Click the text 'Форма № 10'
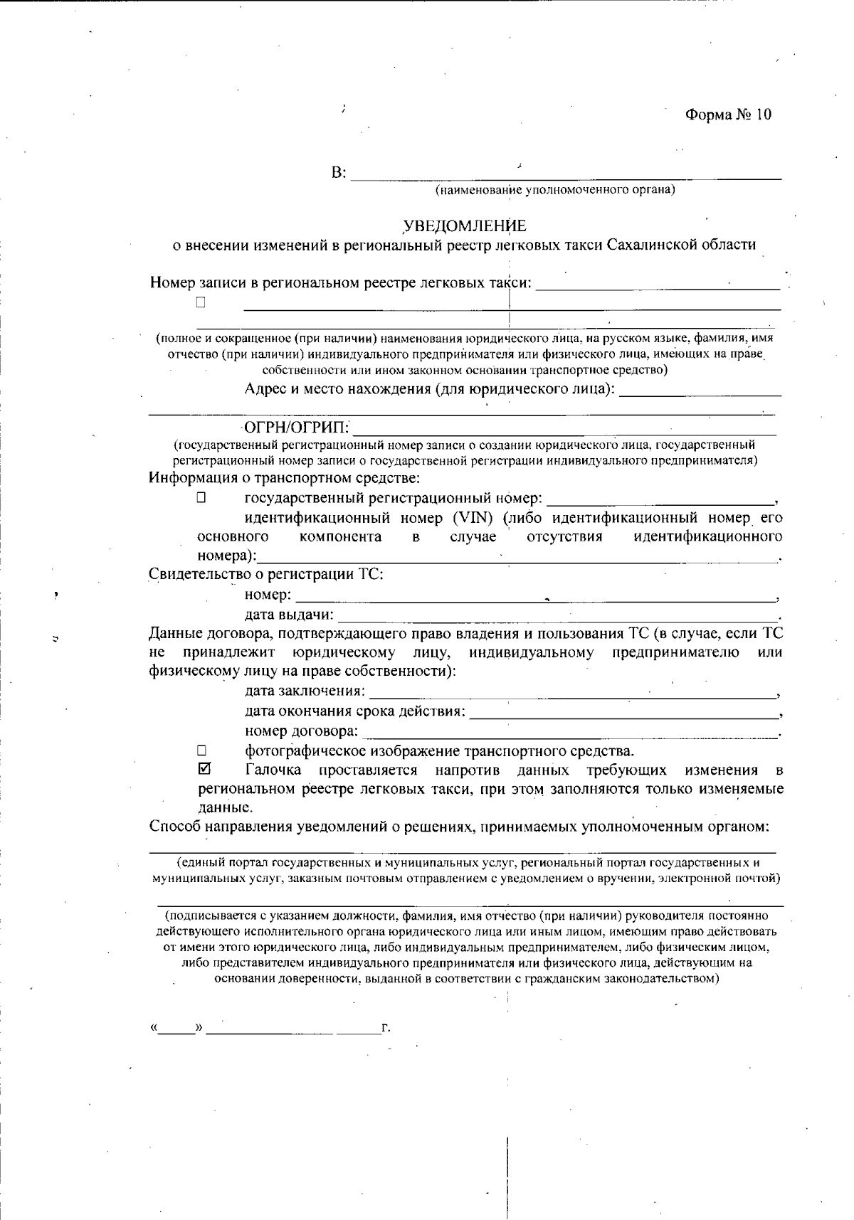click(727, 115)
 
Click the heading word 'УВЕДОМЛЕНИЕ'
click(465, 226)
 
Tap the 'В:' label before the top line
click(339, 173)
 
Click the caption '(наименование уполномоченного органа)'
click(554, 191)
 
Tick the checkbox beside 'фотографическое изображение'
click(201, 750)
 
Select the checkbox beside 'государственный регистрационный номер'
click(201, 498)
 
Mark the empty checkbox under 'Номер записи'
click(201, 302)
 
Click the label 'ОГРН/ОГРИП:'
click(297, 428)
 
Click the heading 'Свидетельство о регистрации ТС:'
click(266, 574)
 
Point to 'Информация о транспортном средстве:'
click(284, 478)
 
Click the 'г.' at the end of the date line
click(386, 1028)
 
